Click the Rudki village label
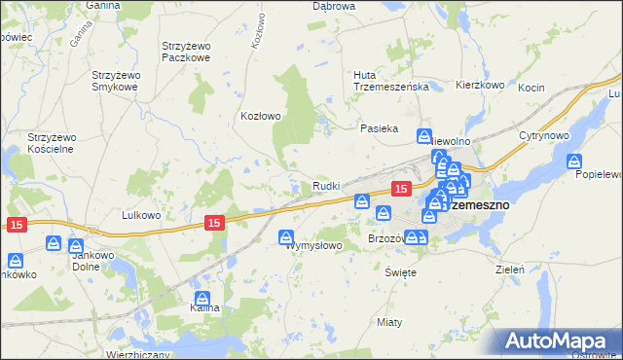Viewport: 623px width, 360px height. tap(326, 185)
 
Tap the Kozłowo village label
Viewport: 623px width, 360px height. tap(261, 116)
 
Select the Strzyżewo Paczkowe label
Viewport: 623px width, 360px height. tap(191, 52)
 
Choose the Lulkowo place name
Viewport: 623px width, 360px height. tap(139, 214)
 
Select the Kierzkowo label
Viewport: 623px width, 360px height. tap(480, 86)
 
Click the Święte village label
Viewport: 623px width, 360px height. tap(400, 271)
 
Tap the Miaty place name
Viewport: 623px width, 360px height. tap(389, 320)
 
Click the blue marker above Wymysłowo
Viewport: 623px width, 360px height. tap(287, 236)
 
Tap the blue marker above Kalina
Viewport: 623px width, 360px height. tap(202, 299)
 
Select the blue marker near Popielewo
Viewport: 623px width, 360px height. tap(574, 162)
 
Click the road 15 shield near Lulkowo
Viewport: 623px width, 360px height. tap(215, 223)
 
